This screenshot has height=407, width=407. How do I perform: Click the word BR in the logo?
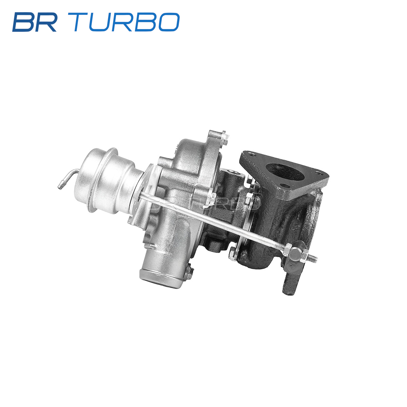click(x=35, y=22)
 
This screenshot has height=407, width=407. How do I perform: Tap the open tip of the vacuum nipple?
click(x=59, y=187)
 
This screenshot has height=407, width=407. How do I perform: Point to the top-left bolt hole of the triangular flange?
click(x=251, y=154)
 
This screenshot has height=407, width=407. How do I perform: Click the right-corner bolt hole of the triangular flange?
click(x=319, y=173)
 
